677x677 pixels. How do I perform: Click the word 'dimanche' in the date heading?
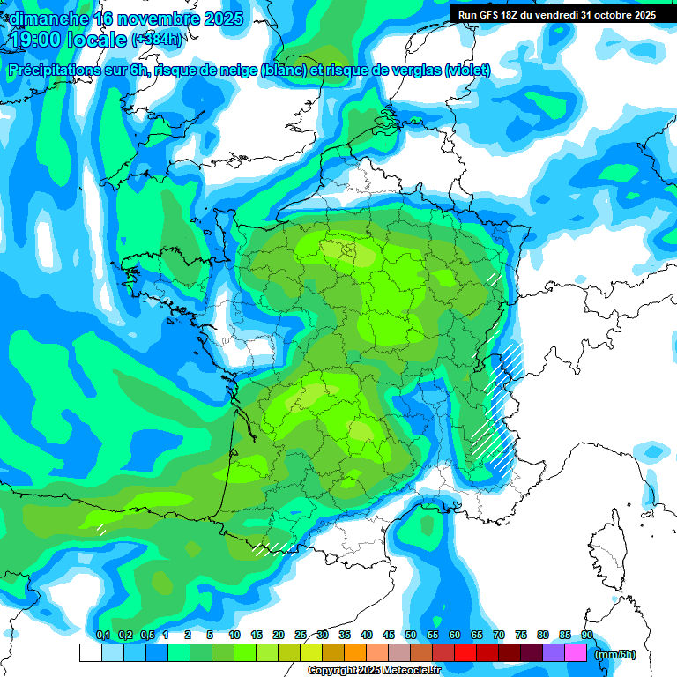(x=45, y=19)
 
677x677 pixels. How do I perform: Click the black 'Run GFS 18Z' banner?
(x=556, y=15)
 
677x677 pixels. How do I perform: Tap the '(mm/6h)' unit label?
(x=615, y=654)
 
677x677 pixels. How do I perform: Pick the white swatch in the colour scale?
(x=90, y=653)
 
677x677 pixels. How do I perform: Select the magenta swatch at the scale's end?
(x=576, y=653)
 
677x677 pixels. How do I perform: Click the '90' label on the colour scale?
(x=586, y=635)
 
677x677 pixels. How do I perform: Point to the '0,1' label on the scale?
(x=102, y=635)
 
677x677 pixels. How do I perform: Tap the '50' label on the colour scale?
(x=411, y=635)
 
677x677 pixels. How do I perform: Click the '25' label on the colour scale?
(x=301, y=635)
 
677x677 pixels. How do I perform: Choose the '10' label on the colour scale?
(x=234, y=635)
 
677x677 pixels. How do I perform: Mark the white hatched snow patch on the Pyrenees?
(x=274, y=548)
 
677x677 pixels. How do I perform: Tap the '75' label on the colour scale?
(x=521, y=635)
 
